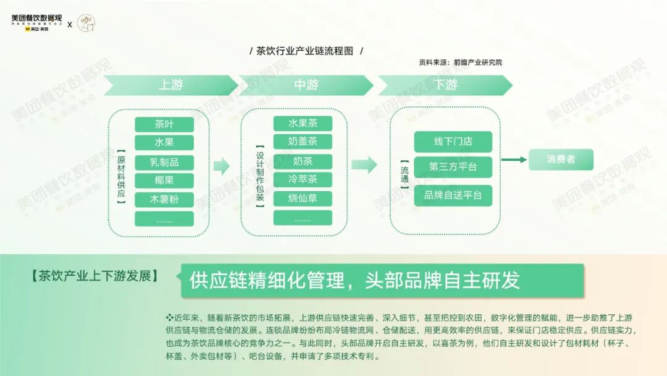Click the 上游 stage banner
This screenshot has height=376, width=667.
(x=170, y=85)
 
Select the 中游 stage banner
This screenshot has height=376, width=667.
(x=306, y=85)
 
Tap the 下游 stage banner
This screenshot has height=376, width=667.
(x=445, y=85)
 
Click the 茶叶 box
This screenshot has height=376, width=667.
(x=164, y=124)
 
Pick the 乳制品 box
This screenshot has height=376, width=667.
(x=164, y=163)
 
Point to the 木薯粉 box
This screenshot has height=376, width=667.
(x=164, y=200)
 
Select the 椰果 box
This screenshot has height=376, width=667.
(x=164, y=181)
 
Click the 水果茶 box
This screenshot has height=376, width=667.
(x=303, y=124)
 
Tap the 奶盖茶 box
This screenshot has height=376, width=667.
(x=303, y=142)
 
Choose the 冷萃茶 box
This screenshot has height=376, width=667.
(x=303, y=180)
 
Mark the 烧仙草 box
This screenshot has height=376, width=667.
(x=303, y=199)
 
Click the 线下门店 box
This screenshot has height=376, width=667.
(x=453, y=142)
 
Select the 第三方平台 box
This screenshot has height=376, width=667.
(x=453, y=167)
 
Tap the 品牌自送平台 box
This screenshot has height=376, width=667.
(x=453, y=195)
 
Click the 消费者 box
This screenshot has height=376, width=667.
(x=561, y=160)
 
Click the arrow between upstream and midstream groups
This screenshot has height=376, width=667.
(x=221, y=165)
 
